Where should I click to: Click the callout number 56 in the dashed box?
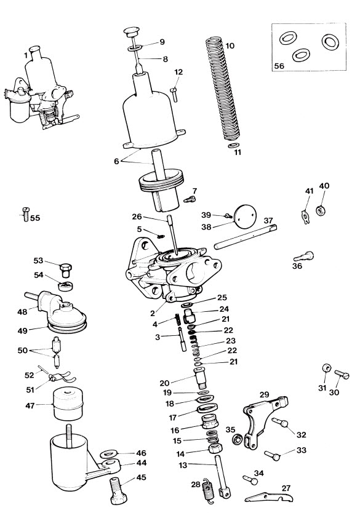click(x=279, y=66)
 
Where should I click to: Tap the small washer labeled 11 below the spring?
click(x=233, y=145)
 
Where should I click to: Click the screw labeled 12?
click(x=174, y=94)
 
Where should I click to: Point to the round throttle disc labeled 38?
click(x=246, y=217)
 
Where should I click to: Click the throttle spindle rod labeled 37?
click(x=246, y=237)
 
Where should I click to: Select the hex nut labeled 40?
click(x=320, y=210)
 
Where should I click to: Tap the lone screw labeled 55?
click(x=26, y=214)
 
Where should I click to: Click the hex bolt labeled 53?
click(x=66, y=269)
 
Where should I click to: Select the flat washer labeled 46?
click(x=110, y=454)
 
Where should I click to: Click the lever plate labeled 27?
click(x=269, y=497)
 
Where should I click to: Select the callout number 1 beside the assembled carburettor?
click(x=26, y=55)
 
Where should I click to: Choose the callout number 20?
click(x=164, y=383)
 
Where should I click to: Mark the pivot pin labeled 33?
click(x=272, y=455)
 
